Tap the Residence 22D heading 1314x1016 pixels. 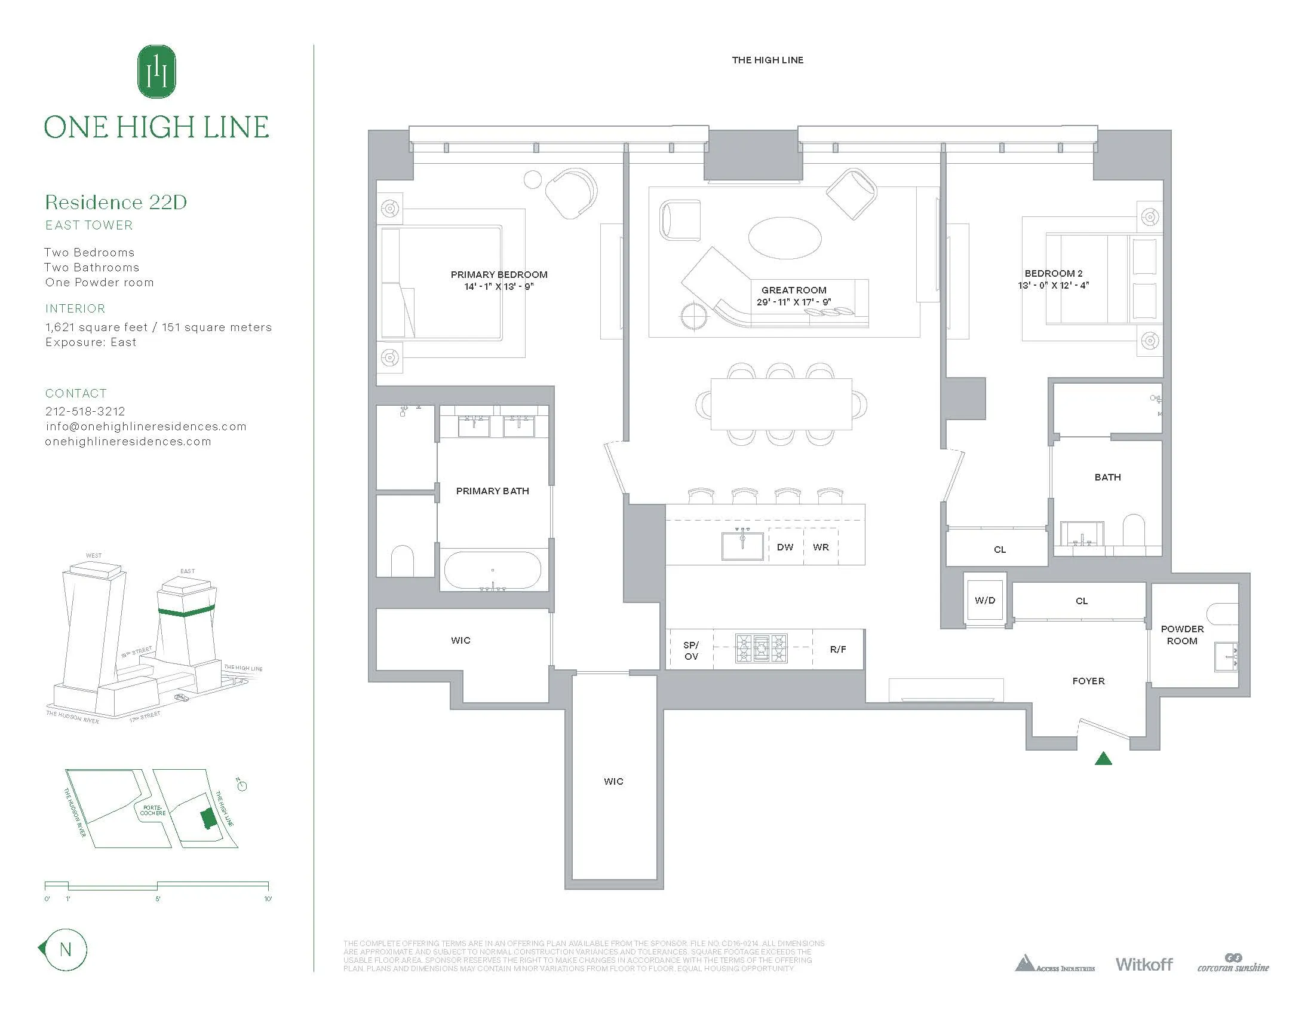116,202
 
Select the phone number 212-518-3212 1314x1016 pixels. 85,411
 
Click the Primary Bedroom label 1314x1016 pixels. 499,274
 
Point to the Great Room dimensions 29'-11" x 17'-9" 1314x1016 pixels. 794,302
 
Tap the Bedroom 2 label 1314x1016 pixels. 1054,273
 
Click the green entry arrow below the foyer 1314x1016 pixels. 1103,759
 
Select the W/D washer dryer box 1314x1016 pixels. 985,600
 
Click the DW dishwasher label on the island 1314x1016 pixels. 785,547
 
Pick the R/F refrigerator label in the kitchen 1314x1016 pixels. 837,650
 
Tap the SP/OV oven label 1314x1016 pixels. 690,650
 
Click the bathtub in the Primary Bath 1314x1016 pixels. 493,570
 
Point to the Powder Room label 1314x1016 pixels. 1181,634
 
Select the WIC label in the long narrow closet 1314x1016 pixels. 613,781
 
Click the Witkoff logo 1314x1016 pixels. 1144,964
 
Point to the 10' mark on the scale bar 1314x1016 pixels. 268,899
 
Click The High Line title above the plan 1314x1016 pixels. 767,60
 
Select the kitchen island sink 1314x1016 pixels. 742,545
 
